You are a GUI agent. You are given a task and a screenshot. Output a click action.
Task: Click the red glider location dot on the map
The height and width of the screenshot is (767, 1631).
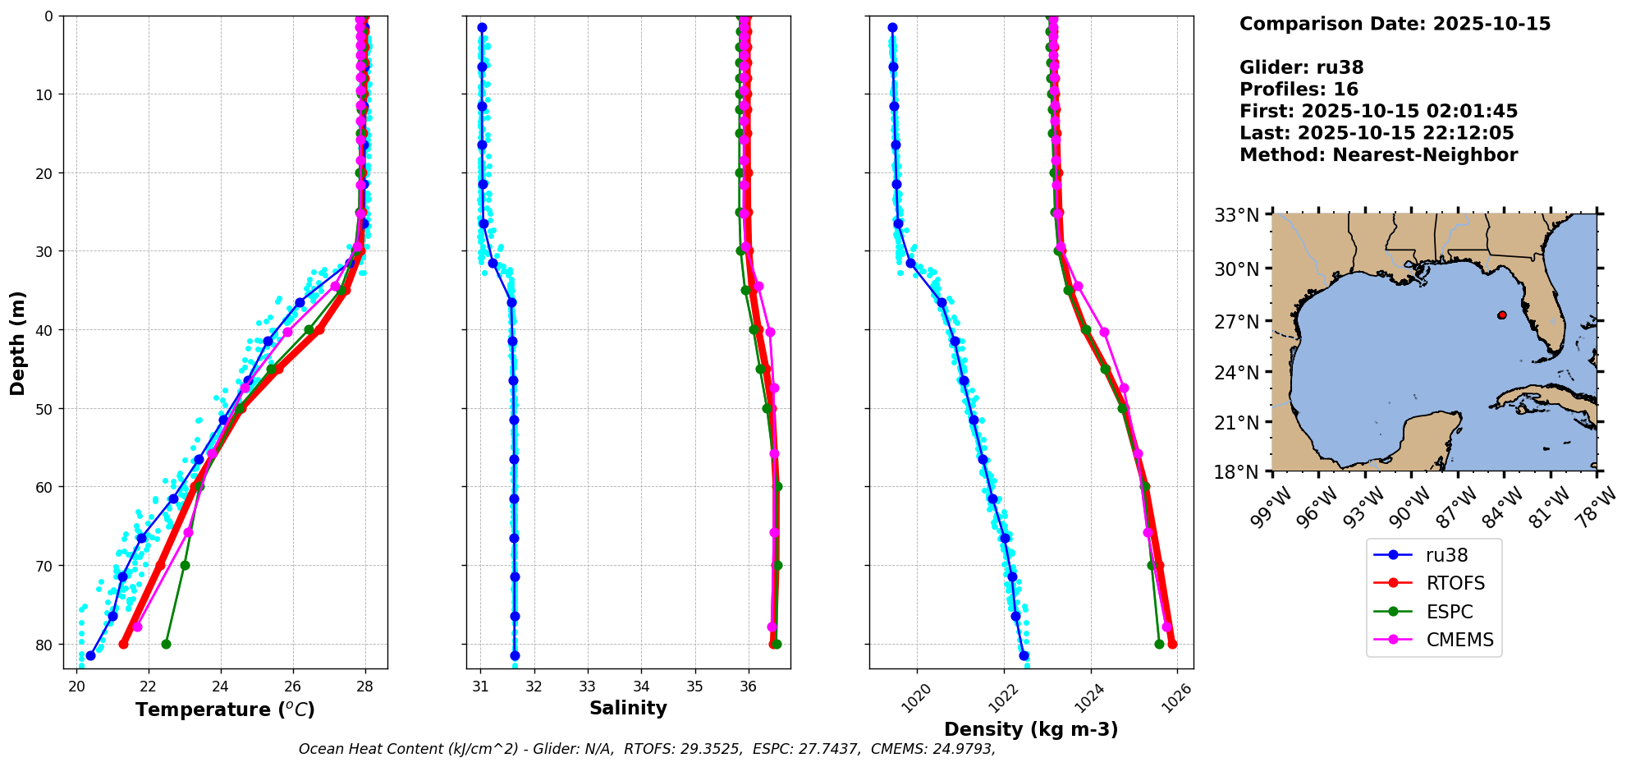[1502, 315]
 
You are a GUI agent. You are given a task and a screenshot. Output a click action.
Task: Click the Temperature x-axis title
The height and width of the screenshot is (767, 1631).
[225, 710]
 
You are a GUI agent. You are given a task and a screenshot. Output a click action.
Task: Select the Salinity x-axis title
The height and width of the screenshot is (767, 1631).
[628, 708]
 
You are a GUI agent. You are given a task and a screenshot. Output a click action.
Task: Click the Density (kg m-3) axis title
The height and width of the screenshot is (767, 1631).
[1031, 729]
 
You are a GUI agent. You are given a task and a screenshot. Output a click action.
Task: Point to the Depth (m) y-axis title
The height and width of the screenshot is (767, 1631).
[18, 343]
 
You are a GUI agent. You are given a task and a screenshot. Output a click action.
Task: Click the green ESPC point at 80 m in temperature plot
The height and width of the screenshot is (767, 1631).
[166, 644]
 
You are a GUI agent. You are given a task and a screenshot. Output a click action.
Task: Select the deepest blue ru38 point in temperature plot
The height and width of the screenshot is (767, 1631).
[90, 655]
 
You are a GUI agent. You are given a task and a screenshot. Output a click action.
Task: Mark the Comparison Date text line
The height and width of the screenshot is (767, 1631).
[1395, 24]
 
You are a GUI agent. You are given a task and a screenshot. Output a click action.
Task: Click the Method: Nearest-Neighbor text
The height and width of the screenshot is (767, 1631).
[1378, 155]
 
